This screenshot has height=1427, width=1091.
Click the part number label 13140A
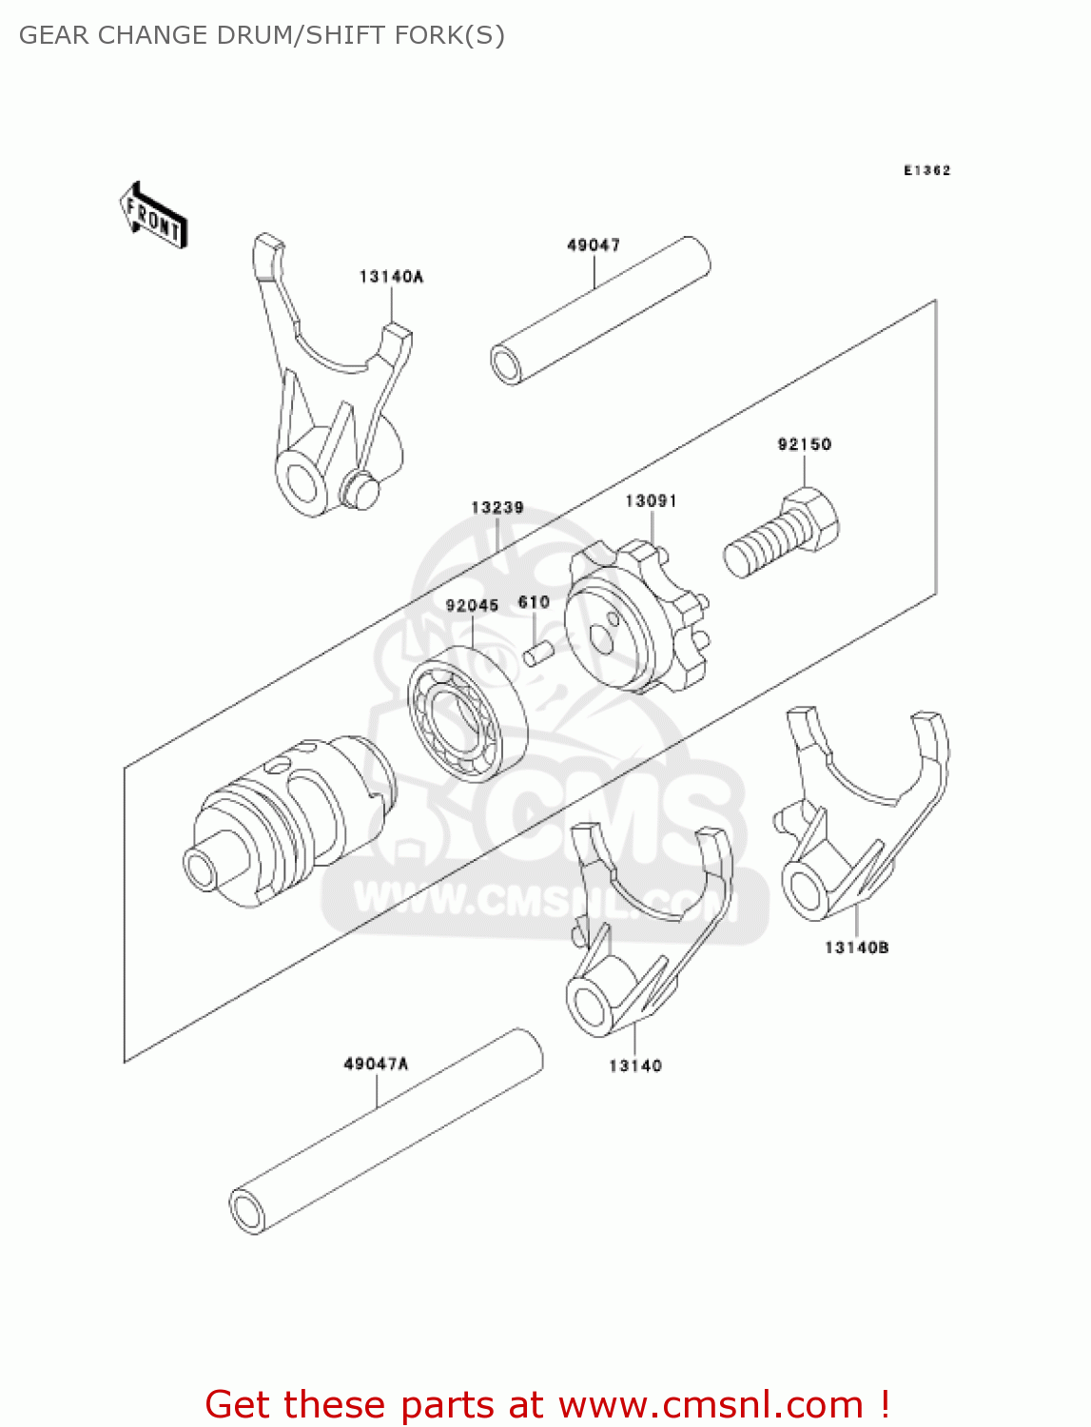391,277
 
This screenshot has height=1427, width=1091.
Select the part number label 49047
594,245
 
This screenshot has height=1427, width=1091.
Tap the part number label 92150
804,444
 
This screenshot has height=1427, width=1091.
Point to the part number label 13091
651,501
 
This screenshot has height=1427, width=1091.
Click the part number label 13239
497,508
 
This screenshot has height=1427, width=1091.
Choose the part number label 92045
472,606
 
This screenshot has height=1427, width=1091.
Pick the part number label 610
534,602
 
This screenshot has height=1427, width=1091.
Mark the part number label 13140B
856,948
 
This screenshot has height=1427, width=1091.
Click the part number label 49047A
376,1064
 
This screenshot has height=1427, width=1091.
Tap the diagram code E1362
926,170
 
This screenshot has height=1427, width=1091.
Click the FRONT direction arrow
153,217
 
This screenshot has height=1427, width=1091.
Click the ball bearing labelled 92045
467,713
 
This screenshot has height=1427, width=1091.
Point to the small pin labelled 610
538,655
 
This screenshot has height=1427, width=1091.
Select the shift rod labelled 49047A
385,1132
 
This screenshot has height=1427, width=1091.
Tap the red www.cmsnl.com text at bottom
710,1404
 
